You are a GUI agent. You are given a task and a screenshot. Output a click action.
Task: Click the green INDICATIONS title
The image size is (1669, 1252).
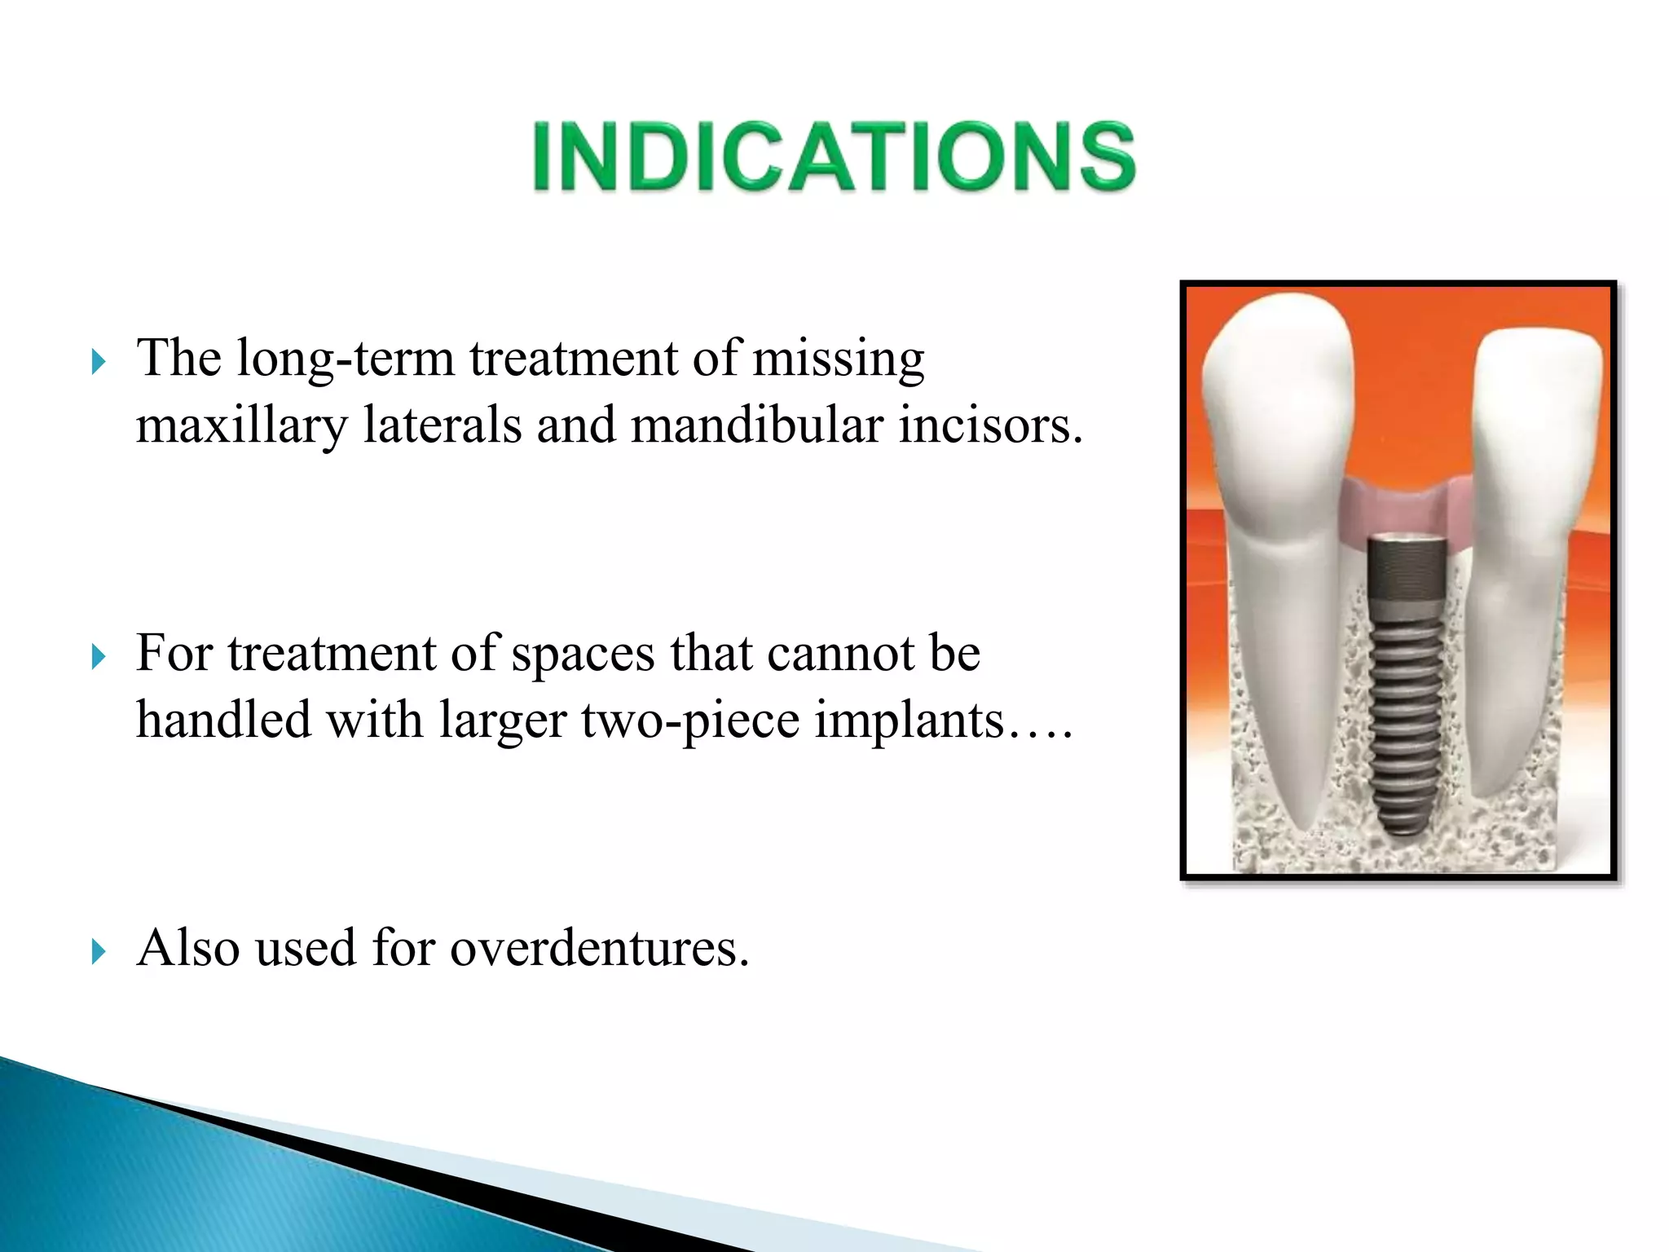[833, 156]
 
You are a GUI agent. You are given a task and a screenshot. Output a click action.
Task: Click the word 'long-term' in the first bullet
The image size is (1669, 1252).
[345, 359]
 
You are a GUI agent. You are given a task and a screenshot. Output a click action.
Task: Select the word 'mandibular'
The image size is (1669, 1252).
[757, 425]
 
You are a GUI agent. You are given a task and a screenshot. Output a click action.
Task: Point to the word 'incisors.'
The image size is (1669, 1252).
[990, 425]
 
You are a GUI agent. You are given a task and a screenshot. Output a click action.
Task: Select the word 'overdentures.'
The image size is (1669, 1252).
[599, 949]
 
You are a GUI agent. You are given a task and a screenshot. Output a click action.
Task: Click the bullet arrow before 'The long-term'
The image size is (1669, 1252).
[99, 361]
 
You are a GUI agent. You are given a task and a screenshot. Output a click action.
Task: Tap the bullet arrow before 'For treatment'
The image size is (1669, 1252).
[99, 656]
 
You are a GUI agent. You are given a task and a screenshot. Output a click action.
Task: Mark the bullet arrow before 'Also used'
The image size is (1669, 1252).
[99, 950]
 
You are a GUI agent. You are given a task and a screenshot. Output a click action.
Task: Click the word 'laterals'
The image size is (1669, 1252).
[442, 425]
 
